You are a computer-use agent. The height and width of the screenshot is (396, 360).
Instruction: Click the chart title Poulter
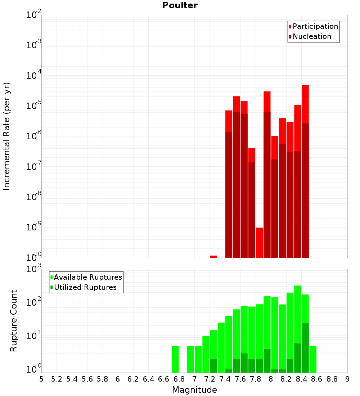pyautogui.click(x=180, y=5)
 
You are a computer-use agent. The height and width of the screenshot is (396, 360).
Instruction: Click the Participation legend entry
pyautogui.click(x=315, y=26)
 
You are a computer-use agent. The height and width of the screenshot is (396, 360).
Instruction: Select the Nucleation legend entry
pyautogui.click(x=311, y=36)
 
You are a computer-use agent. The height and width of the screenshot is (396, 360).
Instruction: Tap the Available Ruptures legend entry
pyautogui.click(x=87, y=277)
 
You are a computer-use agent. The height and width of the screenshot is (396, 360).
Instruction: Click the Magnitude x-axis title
pyautogui.click(x=194, y=390)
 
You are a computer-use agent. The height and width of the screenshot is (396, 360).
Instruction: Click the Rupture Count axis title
pyautogui.click(x=14, y=321)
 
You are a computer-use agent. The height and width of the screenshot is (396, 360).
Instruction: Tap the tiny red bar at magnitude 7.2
pyautogui.click(x=213, y=256)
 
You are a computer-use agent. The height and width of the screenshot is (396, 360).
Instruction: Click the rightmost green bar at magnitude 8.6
pyautogui.click(x=313, y=359)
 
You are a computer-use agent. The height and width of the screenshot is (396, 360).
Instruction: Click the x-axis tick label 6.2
pyautogui.click(x=133, y=379)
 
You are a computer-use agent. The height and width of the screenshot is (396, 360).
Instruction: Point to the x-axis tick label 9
pyautogui.click(x=347, y=379)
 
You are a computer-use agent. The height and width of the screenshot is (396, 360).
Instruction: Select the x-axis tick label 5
pyautogui.click(x=41, y=379)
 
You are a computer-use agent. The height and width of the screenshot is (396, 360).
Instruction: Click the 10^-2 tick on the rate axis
pyautogui.click(x=34, y=15)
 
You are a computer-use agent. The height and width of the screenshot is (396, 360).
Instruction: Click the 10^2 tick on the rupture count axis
pyautogui.click(x=34, y=302)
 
